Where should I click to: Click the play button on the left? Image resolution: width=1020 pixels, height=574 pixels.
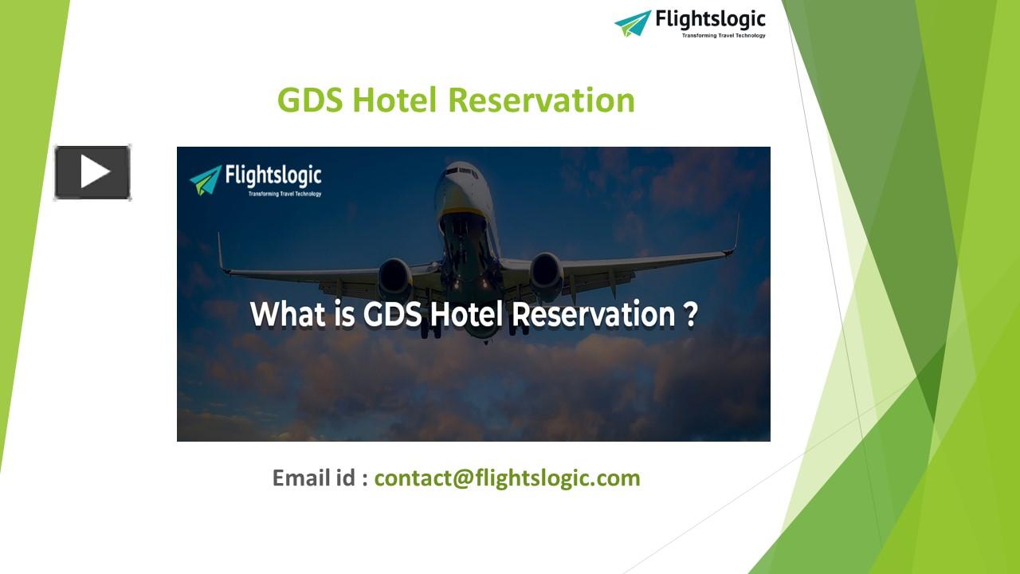click(92, 172)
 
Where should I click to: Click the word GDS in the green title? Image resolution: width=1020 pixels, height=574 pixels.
click(310, 100)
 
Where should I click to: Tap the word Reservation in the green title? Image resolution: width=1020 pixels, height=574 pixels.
click(541, 100)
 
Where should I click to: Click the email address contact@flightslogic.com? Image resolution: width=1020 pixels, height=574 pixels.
click(507, 478)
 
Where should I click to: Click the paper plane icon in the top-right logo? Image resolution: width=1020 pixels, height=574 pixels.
click(633, 22)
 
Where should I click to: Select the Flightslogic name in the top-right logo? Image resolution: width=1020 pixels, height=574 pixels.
click(710, 19)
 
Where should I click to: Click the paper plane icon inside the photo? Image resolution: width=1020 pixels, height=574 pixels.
click(206, 179)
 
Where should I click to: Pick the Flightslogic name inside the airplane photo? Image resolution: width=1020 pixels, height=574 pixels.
click(273, 175)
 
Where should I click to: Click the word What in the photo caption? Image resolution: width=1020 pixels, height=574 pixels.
click(288, 314)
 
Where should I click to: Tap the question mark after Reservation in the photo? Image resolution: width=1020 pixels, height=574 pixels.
click(691, 314)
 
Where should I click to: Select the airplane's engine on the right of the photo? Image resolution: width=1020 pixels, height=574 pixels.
click(546, 273)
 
